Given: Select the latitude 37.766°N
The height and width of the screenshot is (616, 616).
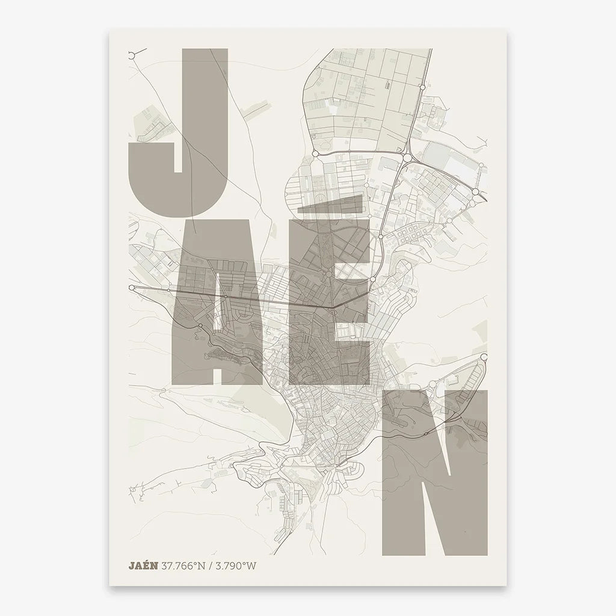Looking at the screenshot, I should tap(183, 565).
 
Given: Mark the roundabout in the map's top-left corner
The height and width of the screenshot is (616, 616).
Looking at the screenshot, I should tap(131, 55).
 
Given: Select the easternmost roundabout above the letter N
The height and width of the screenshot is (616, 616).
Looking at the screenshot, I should tap(484, 357).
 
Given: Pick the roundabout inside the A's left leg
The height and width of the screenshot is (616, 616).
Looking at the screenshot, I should tap(200, 325).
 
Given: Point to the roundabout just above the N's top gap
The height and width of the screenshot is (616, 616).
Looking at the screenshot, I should tap(433, 383).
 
